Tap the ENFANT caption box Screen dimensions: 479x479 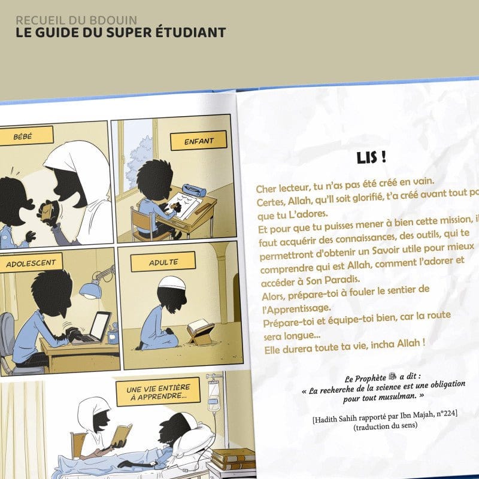191,141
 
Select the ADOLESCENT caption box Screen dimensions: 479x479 31,263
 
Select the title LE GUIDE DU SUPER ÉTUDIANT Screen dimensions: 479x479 121,32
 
